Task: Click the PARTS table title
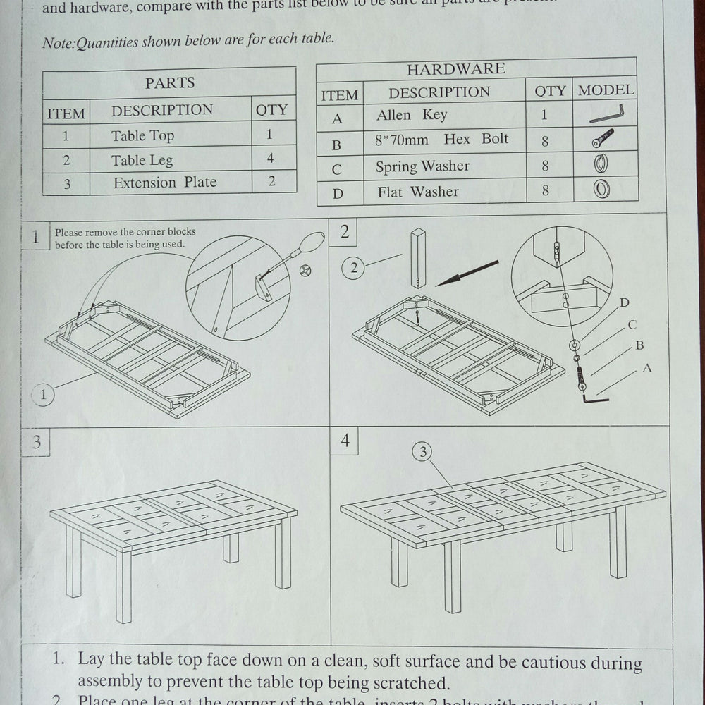(170, 82)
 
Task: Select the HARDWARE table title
(456, 68)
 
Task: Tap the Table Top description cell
(142, 135)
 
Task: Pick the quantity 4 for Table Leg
(271, 158)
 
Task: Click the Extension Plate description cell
(165, 182)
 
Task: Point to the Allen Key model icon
(606, 113)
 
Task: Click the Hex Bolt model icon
(603, 138)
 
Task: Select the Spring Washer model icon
(601, 164)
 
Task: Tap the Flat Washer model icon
(601, 189)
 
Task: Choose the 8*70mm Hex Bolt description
(441, 139)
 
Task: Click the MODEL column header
(606, 90)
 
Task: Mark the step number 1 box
(35, 236)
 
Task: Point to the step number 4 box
(345, 441)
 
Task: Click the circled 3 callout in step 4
(423, 453)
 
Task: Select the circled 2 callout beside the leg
(354, 267)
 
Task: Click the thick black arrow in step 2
(467, 273)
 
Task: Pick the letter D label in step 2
(624, 302)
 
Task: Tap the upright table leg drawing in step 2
(419, 258)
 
